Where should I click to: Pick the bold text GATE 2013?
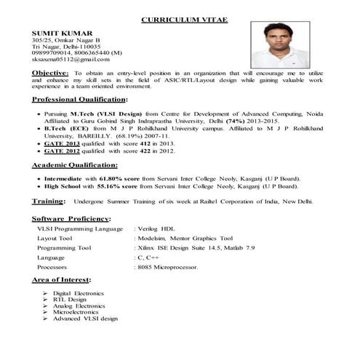pos(61,145)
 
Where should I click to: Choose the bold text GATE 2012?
pos(61,153)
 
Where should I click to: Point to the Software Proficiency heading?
pos(70,218)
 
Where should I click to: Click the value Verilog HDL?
pos(159,228)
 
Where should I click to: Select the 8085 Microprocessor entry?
pos(167,267)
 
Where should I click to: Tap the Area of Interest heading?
pos(62,280)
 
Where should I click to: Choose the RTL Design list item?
pos(70,299)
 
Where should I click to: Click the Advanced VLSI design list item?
pos(85,319)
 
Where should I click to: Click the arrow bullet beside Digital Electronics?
pos(46,292)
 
